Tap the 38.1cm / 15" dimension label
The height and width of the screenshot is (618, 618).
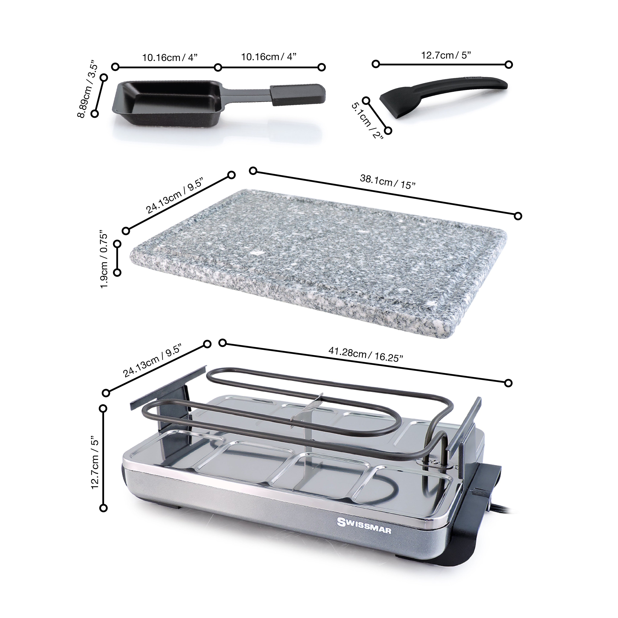pos(388,182)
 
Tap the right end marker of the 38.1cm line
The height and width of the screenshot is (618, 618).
pos(518,216)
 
